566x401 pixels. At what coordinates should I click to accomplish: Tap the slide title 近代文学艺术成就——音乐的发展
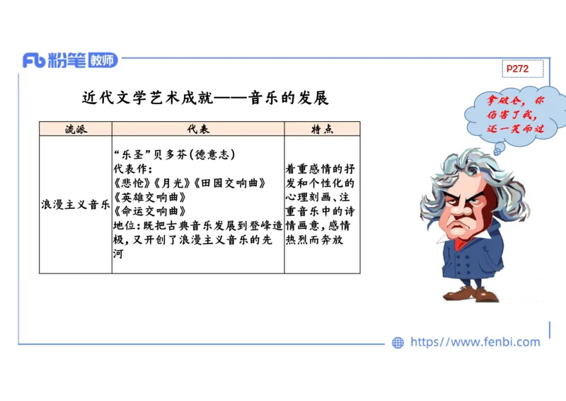click(x=205, y=98)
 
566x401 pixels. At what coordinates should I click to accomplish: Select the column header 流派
click(x=76, y=129)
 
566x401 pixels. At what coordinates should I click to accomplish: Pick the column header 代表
click(x=198, y=129)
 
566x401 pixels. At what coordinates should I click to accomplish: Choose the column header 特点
click(x=323, y=129)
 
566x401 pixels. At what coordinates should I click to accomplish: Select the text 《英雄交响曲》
click(x=149, y=197)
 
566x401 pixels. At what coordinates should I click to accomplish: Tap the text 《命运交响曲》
click(x=149, y=211)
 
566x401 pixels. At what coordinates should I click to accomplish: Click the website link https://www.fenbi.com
click(x=475, y=342)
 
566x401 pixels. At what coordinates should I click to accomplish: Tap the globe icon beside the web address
click(x=398, y=343)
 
